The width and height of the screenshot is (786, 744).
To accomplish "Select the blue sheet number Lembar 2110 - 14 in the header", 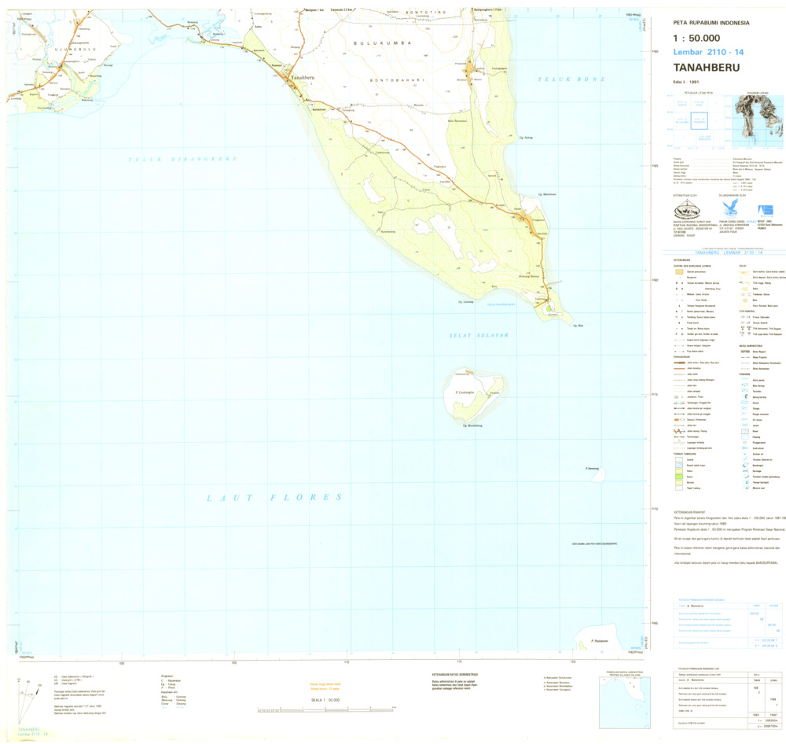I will pos(708,52).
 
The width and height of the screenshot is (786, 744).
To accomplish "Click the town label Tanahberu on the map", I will pos(303,78).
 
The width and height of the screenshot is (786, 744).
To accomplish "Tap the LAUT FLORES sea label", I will pos(274,497).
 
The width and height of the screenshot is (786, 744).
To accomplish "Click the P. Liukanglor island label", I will pos(468,391).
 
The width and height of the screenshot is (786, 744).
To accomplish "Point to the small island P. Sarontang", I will pos(597,472).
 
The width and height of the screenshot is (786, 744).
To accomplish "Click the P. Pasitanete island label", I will pos(601,643).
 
